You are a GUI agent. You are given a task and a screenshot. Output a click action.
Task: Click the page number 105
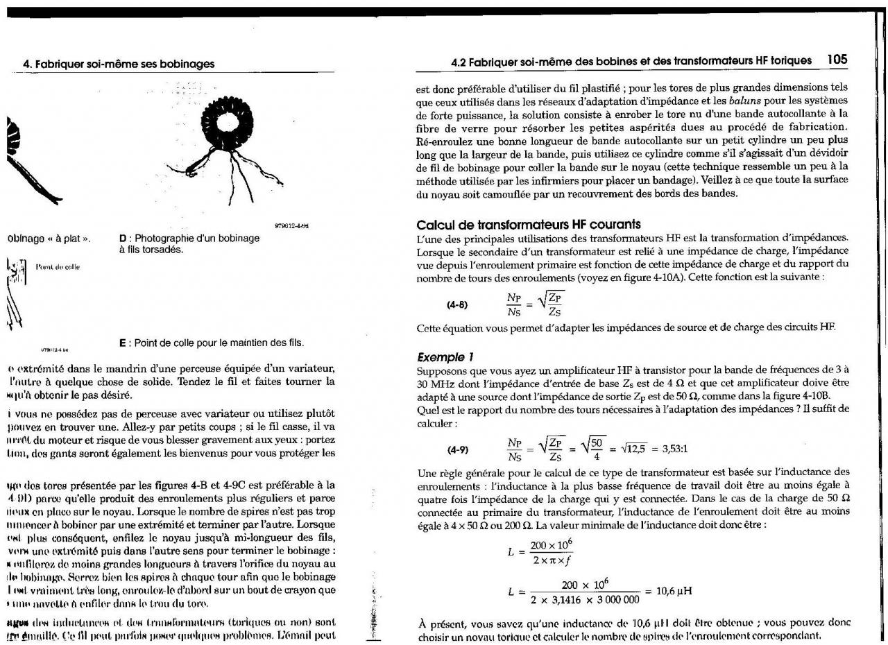(x=837, y=60)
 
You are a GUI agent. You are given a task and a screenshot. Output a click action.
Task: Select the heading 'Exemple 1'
(x=445, y=357)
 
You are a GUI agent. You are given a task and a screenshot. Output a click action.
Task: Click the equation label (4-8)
(x=457, y=304)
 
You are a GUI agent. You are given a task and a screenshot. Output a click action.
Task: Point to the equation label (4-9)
(x=457, y=449)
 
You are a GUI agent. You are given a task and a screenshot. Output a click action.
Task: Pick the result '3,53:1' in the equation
(x=674, y=449)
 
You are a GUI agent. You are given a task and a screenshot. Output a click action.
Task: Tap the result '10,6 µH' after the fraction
(x=674, y=591)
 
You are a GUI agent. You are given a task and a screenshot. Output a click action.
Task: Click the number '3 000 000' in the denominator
(x=613, y=599)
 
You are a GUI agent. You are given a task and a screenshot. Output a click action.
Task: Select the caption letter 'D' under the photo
(x=123, y=239)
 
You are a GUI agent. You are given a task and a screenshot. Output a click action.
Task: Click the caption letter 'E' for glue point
(x=123, y=343)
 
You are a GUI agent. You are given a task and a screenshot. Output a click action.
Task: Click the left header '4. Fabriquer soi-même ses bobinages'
(x=119, y=64)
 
